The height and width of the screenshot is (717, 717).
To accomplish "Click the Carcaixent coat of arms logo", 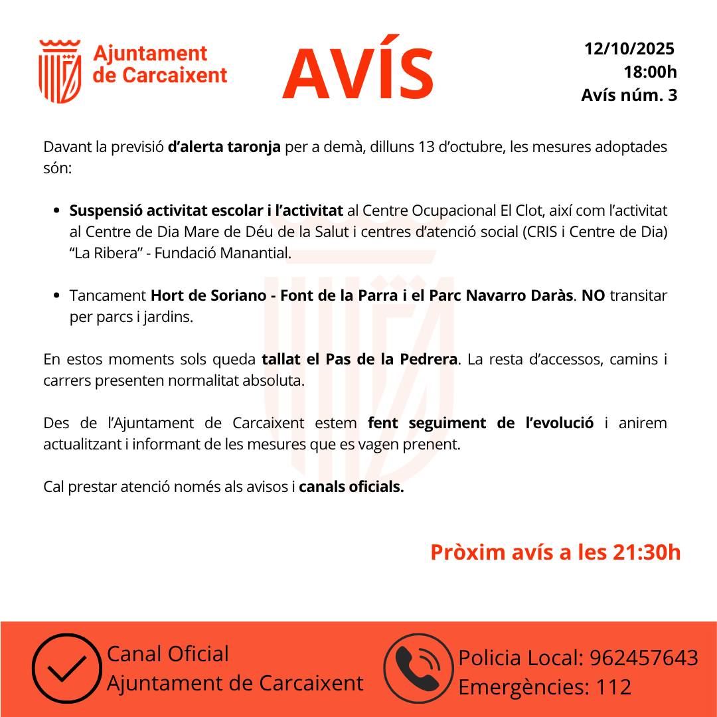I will (x=60, y=72).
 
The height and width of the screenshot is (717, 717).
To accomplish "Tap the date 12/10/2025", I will (x=629, y=48).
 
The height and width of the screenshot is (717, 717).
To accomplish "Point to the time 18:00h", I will (x=650, y=72).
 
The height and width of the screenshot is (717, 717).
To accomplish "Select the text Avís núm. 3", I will (x=629, y=95).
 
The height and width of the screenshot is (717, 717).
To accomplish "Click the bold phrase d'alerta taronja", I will (x=224, y=147).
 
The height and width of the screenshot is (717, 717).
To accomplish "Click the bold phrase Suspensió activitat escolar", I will (x=166, y=211).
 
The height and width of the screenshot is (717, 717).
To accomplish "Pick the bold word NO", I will (x=593, y=295).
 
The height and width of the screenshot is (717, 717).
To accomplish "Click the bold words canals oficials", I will (x=351, y=487).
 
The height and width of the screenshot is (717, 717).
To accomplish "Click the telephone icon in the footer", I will (x=418, y=669).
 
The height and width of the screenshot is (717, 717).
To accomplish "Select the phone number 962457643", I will (x=644, y=658).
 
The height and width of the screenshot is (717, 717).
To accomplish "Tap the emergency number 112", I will (x=613, y=687).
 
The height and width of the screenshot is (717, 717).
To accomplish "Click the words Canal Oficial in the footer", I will (x=167, y=654).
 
